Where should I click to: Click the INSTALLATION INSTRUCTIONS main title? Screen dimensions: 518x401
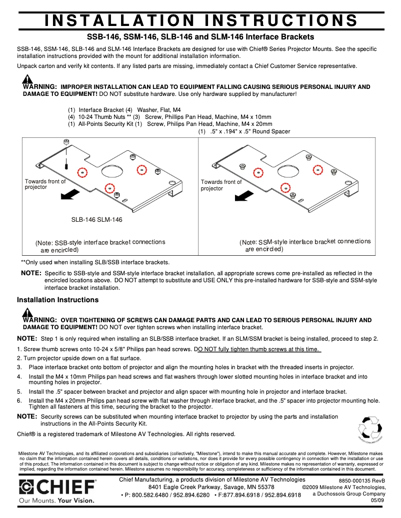(200, 20)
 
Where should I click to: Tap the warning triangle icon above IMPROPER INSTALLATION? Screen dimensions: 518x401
(27, 79)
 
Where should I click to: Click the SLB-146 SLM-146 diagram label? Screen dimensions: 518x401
(96, 219)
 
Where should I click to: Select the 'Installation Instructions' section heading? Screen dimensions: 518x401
(57, 300)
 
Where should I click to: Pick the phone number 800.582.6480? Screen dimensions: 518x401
(150, 495)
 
